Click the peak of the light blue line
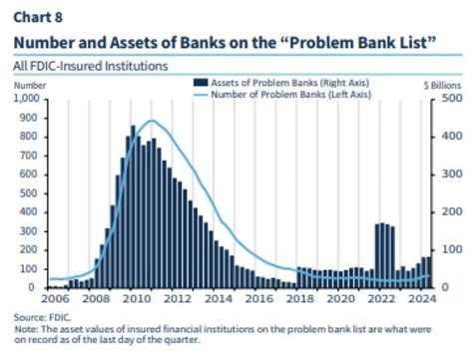point(151,121)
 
